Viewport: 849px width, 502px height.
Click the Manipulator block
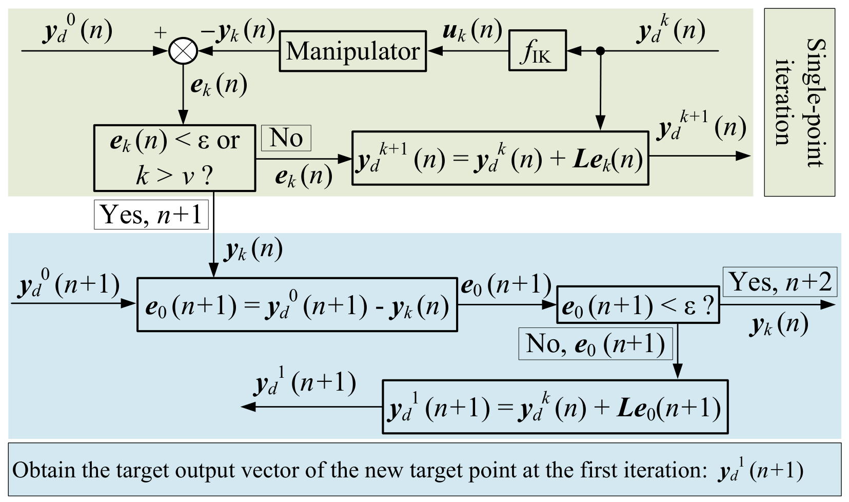(353, 51)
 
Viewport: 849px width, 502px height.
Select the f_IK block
(538, 50)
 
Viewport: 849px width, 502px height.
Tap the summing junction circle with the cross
(183, 51)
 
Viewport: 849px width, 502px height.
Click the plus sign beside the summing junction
(161, 33)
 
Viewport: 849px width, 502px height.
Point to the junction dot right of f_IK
(600, 50)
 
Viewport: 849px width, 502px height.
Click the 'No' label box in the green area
(286, 138)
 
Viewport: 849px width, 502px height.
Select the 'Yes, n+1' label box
(151, 215)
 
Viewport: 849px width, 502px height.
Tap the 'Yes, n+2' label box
(780, 282)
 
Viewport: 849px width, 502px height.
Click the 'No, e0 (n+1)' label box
(596, 344)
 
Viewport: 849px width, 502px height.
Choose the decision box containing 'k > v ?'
(175, 158)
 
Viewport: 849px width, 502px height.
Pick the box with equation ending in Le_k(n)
(500, 158)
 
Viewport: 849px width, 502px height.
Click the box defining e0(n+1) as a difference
(297, 305)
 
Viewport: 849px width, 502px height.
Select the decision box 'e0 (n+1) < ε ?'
(638, 305)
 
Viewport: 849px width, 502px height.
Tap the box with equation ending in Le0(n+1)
(555, 407)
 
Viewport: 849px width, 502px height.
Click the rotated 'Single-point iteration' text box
(799, 102)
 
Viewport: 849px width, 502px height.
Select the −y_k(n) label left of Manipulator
(238, 31)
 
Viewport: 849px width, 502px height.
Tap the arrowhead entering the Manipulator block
(435, 51)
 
